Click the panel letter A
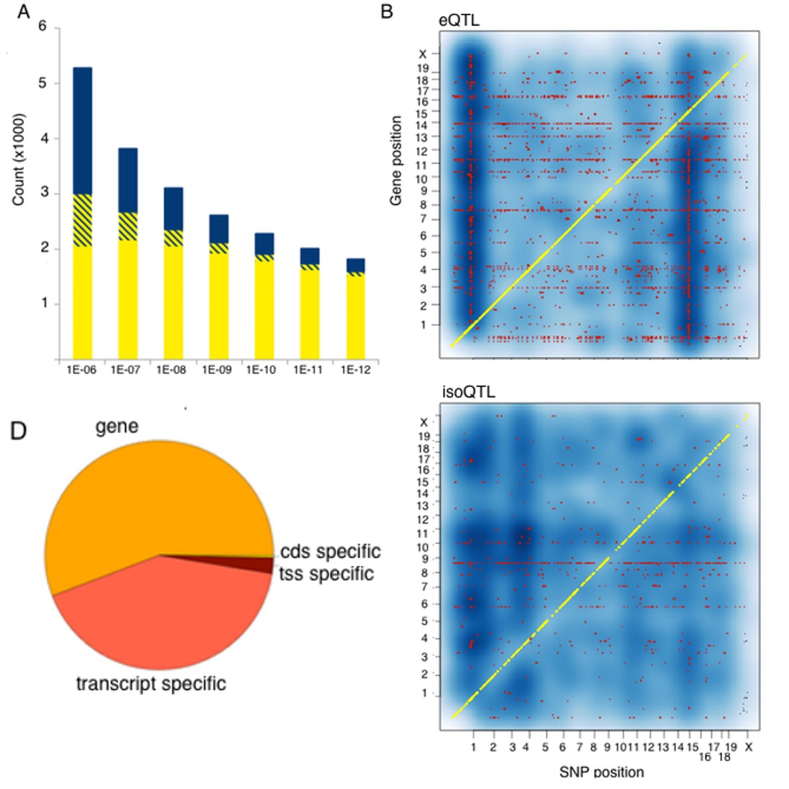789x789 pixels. (23, 11)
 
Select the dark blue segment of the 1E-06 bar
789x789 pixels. (82, 130)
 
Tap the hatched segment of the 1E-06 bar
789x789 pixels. (82, 220)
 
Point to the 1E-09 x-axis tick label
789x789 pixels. (216, 369)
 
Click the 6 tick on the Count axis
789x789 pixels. (43, 27)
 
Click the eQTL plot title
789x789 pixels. (459, 21)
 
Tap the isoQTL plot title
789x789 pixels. (468, 392)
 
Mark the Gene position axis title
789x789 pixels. (396, 160)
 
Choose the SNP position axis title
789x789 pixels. (601, 772)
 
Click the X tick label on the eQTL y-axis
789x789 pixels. (422, 54)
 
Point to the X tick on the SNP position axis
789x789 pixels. (748, 747)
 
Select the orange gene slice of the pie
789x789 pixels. (147, 501)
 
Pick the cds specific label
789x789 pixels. (330, 552)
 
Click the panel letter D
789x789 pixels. (18, 431)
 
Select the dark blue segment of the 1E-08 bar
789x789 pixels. (173, 208)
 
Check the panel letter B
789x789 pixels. (386, 11)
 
